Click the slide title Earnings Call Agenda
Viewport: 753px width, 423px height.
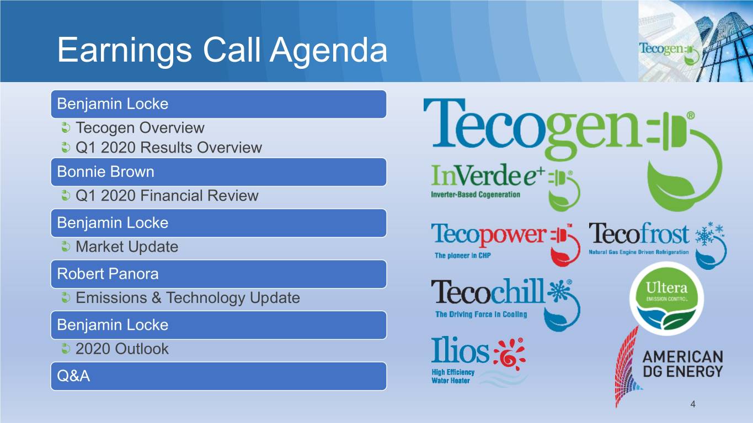(222, 50)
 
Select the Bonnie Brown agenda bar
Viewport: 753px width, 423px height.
(218, 172)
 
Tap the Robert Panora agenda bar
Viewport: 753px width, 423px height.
(218, 274)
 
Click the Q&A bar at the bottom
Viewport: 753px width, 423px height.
(218, 376)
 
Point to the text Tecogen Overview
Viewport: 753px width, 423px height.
(140, 128)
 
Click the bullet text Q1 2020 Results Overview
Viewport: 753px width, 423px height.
(169, 148)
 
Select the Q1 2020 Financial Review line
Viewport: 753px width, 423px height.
(167, 196)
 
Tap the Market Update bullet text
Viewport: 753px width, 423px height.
(127, 247)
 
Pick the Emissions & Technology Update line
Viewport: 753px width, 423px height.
(188, 298)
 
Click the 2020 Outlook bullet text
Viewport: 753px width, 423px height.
(122, 349)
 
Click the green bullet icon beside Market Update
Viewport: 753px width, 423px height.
(66, 247)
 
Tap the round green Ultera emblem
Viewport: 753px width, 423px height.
(666, 299)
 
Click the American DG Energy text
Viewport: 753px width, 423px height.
(683, 364)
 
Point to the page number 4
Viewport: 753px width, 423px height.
(693, 404)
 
